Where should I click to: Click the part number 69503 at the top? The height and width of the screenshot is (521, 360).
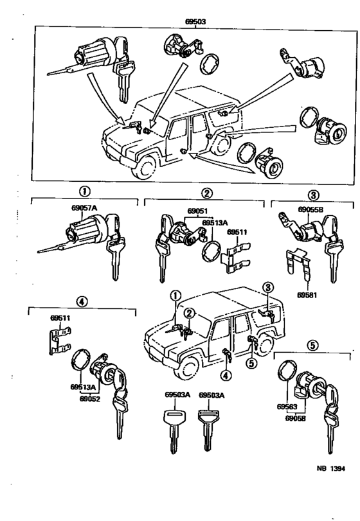pos(194,21)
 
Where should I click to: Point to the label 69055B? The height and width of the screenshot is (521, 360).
pos(312,209)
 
